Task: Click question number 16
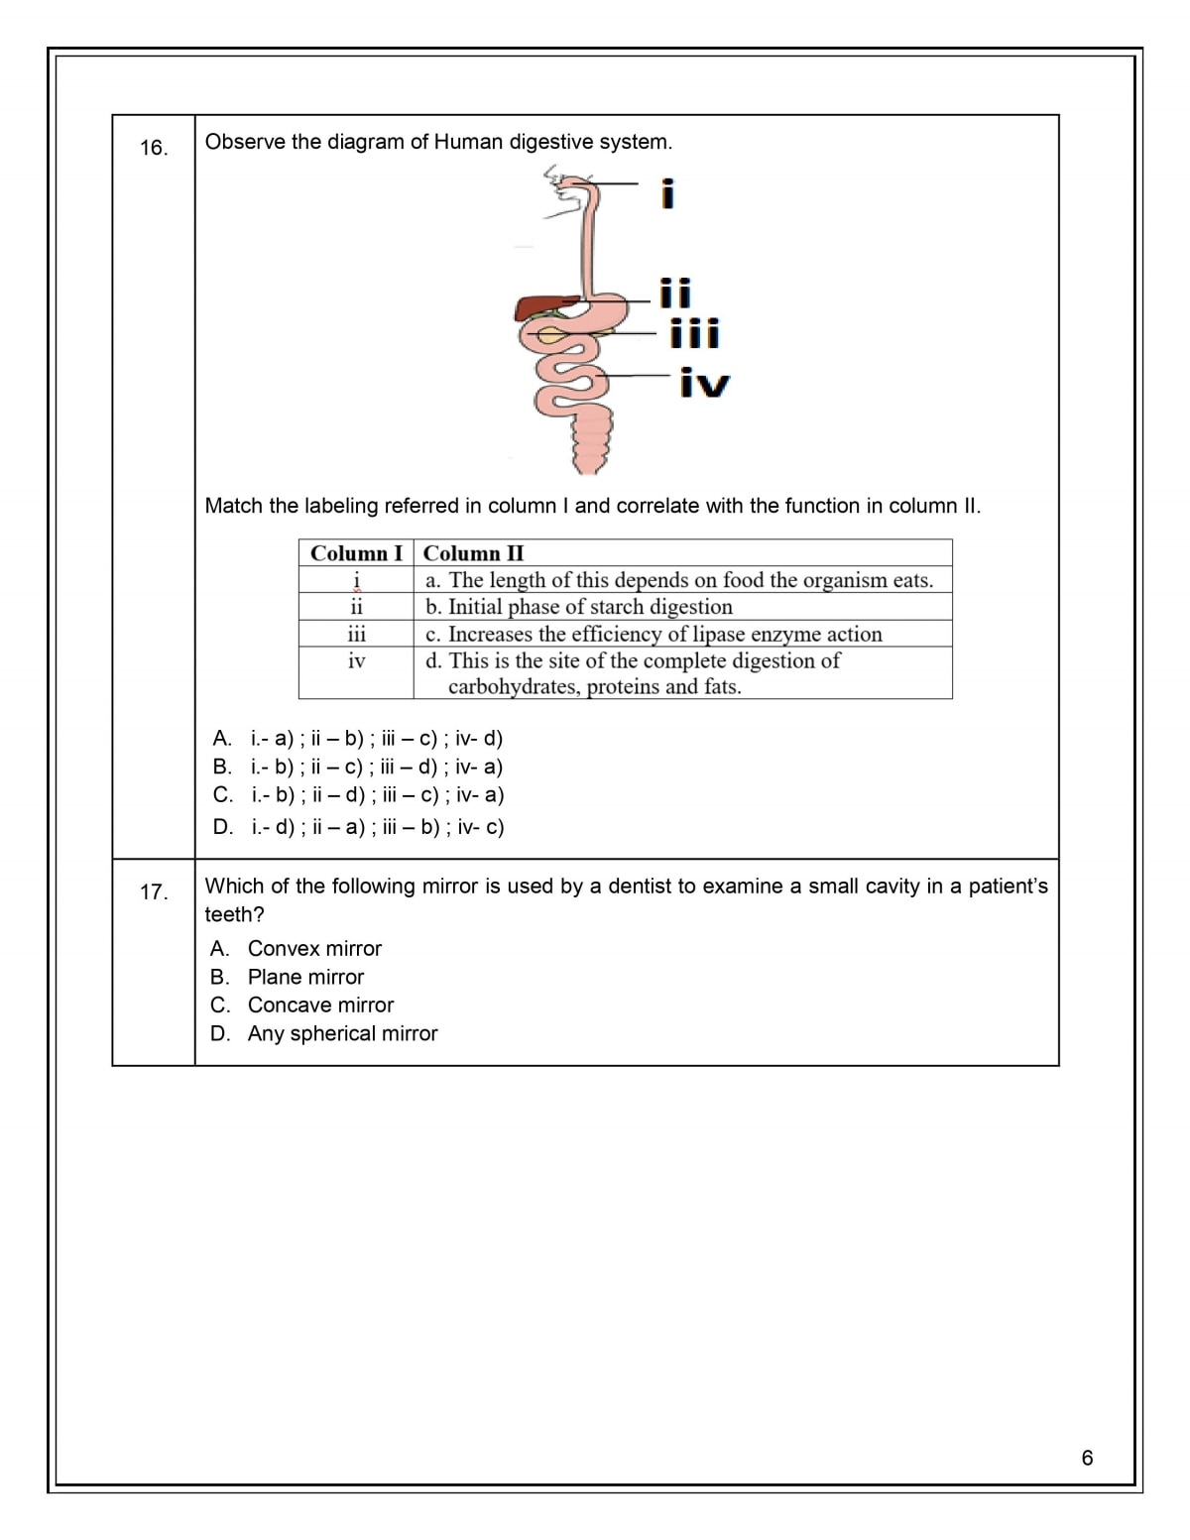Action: click(x=154, y=149)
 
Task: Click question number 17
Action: click(x=154, y=892)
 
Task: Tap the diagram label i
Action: click(x=667, y=193)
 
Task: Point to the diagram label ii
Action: click(x=675, y=294)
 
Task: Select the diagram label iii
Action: click(x=694, y=333)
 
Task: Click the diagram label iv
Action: click(x=705, y=384)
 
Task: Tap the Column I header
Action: click(x=356, y=553)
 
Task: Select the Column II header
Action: click(x=474, y=553)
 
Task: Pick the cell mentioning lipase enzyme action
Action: click(x=654, y=634)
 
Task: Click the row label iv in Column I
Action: click(x=356, y=660)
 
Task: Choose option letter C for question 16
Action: click(x=222, y=794)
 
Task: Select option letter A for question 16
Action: click(x=222, y=738)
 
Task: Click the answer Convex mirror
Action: click(x=314, y=949)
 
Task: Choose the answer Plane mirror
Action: click(x=305, y=977)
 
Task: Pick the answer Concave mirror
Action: click(x=320, y=1006)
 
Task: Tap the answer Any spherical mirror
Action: click(x=342, y=1033)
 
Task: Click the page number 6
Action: click(x=1087, y=1458)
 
